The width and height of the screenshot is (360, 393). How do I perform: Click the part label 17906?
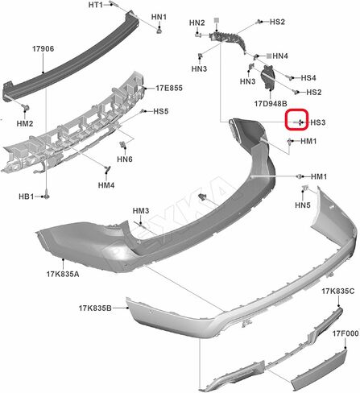coord(43,49)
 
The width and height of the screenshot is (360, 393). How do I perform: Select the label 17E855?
coord(169,88)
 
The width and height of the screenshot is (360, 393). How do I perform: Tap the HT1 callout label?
coord(96,5)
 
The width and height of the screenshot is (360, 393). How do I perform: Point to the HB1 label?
coord(27,196)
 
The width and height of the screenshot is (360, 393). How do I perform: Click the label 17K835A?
coord(63,274)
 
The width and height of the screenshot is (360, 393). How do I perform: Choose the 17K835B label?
coord(95,308)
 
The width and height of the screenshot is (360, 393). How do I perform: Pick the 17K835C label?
coord(338,291)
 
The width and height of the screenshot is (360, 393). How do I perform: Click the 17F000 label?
coord(346,333)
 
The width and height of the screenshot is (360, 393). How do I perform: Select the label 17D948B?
coord(271,103)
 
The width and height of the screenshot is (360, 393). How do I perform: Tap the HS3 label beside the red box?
coord(318,122)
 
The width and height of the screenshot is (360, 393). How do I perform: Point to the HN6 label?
coord(125,159)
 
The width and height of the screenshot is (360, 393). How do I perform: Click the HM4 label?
coord(106,185)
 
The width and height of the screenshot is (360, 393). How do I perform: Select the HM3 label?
coord(141,211)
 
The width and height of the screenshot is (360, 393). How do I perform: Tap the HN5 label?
coord(303,205)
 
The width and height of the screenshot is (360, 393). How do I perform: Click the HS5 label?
coord(161,111)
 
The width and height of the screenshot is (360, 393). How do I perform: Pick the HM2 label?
coord(25,123)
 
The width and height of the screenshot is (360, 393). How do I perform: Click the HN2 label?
coord(197,23)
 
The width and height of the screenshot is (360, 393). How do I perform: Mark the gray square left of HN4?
coord(269,56)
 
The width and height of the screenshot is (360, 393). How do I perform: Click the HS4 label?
coord(308,78)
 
